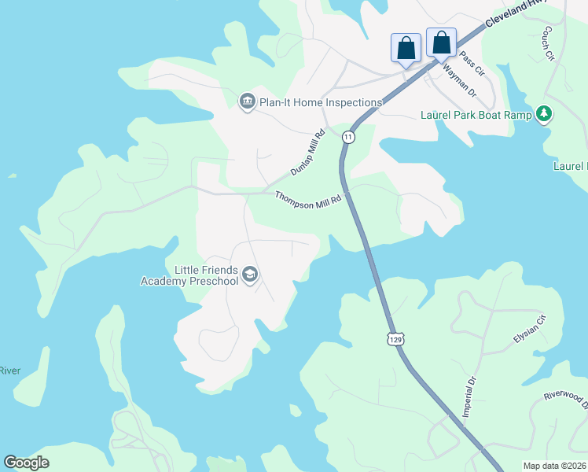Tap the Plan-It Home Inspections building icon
click(247, 102)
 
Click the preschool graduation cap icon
click(251, 275)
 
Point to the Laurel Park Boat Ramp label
click(476, 115)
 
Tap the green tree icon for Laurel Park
click(544, 115)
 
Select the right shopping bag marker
click(441, 42)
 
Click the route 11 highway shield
click(348, 137)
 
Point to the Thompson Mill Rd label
click(309, 197)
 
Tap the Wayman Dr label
click(460, 80)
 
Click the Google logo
click(27, 463)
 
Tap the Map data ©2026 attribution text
click(555, 466)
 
